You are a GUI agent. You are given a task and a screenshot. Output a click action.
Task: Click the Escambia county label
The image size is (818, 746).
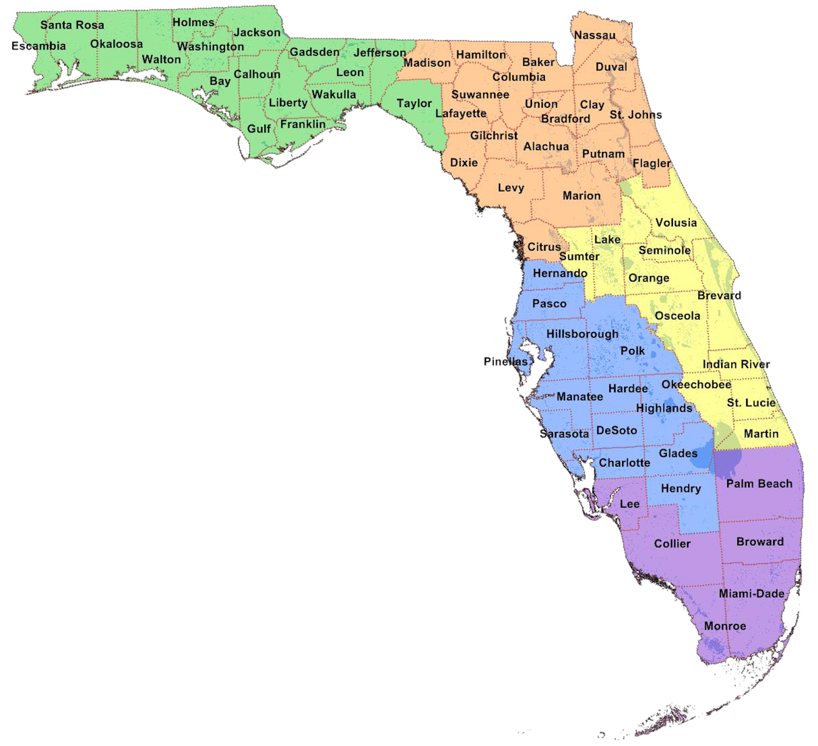pos(39,46)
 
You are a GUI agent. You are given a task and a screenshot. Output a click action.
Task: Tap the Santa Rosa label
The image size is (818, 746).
pos(73,25)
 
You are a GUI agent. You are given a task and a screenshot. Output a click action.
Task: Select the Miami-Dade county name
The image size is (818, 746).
pos(752,594)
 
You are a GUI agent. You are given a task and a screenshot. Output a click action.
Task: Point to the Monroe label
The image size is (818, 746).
pos(725,626)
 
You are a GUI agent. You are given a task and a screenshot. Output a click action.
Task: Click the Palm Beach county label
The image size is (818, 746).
pos(759,484)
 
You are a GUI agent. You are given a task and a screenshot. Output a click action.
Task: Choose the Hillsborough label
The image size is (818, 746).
pos(582,334)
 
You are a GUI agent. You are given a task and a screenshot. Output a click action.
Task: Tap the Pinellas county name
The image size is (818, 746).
pos(506,362)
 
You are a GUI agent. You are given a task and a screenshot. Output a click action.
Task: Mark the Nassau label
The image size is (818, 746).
pos(594,35)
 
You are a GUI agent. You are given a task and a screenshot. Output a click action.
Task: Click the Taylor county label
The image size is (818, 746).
pos(414,103)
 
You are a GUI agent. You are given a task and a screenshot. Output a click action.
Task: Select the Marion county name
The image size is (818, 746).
pos(581,196)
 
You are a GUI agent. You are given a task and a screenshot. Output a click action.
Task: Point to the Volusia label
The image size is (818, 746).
pos(676,222)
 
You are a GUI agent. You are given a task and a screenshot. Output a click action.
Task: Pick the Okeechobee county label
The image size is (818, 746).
pos(697,385)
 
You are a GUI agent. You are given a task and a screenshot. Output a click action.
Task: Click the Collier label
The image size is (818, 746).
pos(672,543)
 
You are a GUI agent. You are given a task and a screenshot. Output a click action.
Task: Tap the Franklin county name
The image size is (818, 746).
pos(303,125)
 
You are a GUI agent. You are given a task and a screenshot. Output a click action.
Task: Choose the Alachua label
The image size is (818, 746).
pos(546,146)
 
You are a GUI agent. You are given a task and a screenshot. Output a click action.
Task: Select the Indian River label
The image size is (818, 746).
pos(736,364)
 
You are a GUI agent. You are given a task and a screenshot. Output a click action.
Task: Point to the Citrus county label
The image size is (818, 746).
pos(544,247)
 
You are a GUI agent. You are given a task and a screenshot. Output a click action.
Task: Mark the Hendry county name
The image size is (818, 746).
pos(680,488)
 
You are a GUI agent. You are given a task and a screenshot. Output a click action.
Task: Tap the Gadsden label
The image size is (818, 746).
pos(314,52)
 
